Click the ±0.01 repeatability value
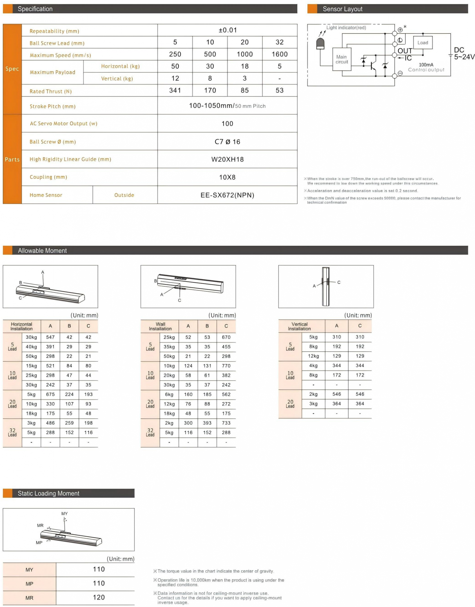tap(228, 30)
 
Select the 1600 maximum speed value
tap(280, 54)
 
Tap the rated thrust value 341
tap(175, 91)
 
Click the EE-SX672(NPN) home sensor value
tap(227, 195)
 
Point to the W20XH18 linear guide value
tap(227, 159)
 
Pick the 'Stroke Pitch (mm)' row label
tap(52, 106)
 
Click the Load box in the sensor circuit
tap(423, 43)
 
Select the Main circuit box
tap(342, 59)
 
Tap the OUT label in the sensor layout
tap(405, 51)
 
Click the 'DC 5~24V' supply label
tap(463, 53)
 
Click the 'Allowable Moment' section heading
tap(42, 251)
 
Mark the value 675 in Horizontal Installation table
tap(50, 394)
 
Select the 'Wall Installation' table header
tap(160, 326)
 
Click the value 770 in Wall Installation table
tap(226, 366)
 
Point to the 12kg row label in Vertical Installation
tap(313, 356)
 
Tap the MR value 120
tap(99, 597)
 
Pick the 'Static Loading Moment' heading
tap(48, 493)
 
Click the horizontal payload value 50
tap(175, 66)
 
